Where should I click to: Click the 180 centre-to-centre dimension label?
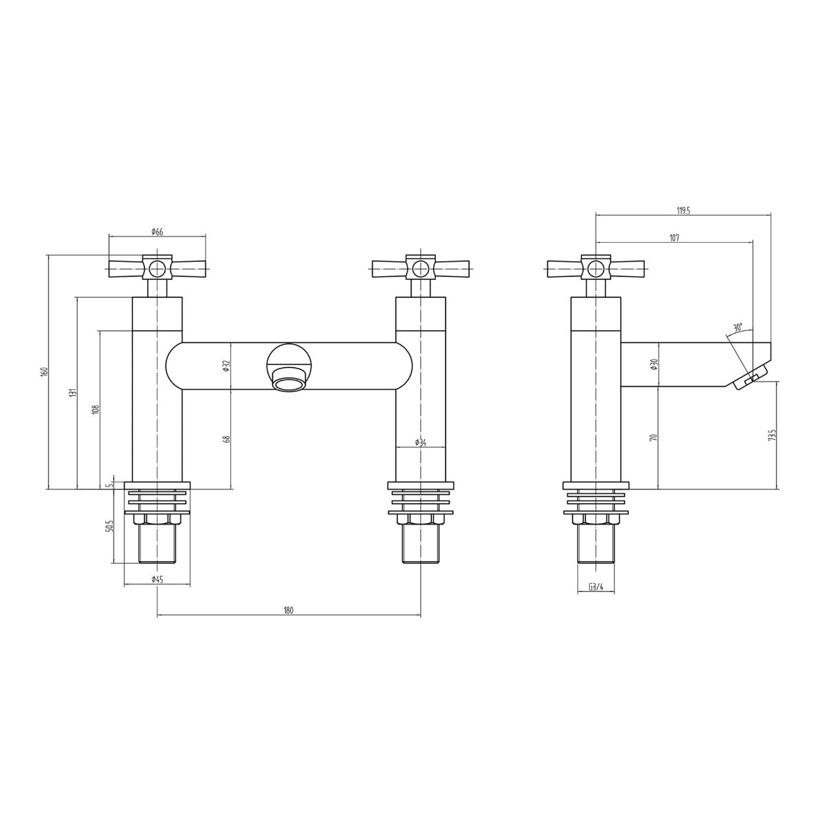click(289, 610)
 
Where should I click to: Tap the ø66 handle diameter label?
click(157, 232)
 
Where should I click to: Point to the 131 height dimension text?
click(74, 393)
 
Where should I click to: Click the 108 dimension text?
click(96, 409)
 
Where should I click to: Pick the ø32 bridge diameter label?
click(228, 365)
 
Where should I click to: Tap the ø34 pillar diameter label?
click(421, 443)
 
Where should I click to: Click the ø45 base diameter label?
click(157, 580)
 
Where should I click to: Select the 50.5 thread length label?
click(109, 526)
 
